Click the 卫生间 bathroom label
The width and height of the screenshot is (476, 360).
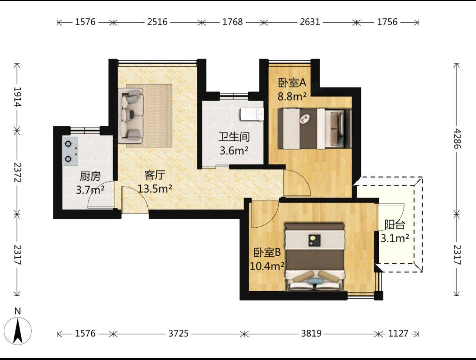[x=234, y=137]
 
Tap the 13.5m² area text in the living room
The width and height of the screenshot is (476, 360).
[x=155, y=189]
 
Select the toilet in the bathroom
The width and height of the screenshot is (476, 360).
[x=252, y=114]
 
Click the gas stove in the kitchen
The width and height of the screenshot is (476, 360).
[x=70, y=151]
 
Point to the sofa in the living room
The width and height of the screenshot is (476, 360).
[x=131, y=116]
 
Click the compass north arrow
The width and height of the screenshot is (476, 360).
[x=18, y=331]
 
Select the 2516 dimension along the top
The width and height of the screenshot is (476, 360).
[x=157, y=22]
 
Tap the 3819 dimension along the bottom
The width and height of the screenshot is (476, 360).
[x=311, y=333]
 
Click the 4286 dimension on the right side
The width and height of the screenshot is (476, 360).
[x=457, y=139]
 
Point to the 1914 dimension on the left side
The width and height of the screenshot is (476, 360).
[x=17, y=97]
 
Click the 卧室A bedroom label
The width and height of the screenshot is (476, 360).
[x=292, y=83]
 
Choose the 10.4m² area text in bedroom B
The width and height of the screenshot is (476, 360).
[x=267, y=266]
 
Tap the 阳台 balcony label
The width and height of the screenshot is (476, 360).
[x=395, y=225]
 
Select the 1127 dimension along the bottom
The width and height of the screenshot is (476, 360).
[x=398, y=333]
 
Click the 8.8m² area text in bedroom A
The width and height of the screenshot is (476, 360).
[x=292, y=97]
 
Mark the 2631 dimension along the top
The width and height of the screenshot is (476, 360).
[x=310, y=22]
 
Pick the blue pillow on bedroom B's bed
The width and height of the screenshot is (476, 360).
[x=315, y=281]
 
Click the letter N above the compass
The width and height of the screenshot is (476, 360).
[x=17, y=311]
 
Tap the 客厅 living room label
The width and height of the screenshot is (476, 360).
[x=155, y=175]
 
